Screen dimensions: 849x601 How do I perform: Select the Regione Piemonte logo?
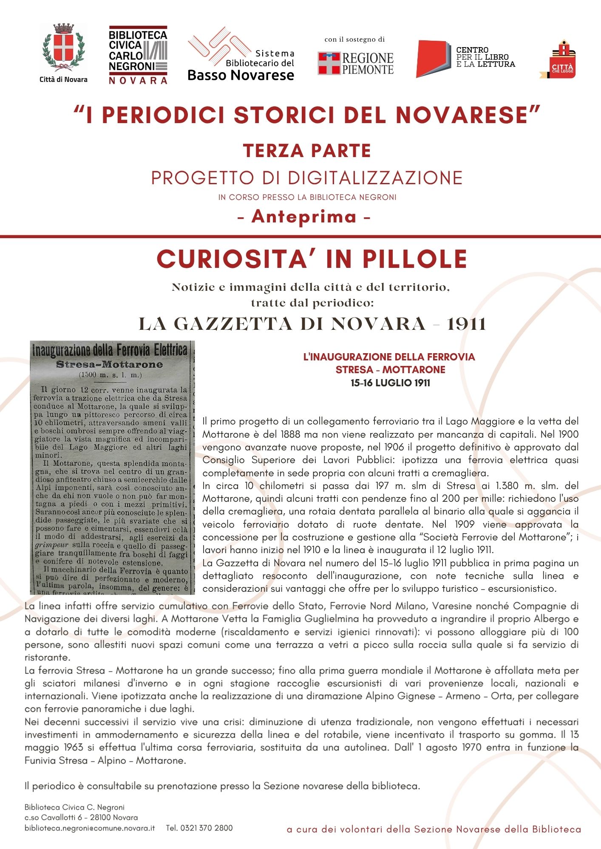click(x=356, y=64)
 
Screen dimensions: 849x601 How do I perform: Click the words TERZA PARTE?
click(x=307, y=151)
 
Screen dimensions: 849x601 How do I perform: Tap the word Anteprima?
click(x=304, y=217)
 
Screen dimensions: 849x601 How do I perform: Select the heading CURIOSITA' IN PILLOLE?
click(x=312, y=259)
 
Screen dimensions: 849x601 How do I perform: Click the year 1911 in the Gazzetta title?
click(x=466, y=324)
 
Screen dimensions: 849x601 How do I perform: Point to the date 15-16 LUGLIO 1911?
click(x=390, y=383)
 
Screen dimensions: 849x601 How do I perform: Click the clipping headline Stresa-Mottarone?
click(x=109, y=364)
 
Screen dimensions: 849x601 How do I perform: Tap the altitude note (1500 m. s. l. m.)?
click(x=110, y=375)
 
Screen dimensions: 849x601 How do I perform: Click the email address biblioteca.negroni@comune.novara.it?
click(x=90, y=828)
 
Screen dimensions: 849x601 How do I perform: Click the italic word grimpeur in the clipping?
click(x=52, y=545)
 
